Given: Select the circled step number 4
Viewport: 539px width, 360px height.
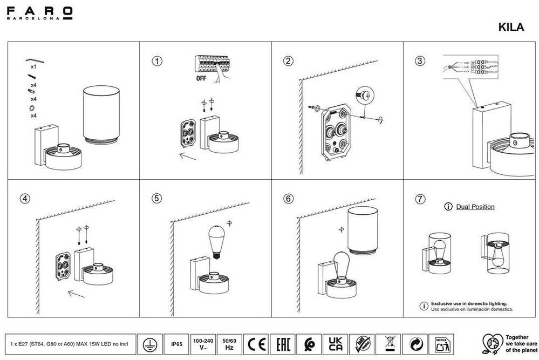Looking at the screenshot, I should pos(25,198).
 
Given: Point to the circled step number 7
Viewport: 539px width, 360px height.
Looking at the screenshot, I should pos(420,198).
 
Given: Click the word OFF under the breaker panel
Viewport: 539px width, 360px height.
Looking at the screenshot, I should pos(201,78).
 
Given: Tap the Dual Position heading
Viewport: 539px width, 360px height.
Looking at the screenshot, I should pos(475,207).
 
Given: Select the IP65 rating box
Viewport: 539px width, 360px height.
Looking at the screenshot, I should pos(176,343).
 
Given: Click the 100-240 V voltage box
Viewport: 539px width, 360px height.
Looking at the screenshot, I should pos(203,343).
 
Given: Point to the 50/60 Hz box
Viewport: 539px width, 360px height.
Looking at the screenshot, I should pos(229,343).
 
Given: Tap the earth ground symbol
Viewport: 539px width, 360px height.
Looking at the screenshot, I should pos(150,343).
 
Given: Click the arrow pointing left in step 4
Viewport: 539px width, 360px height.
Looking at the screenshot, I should pos(76,294).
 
